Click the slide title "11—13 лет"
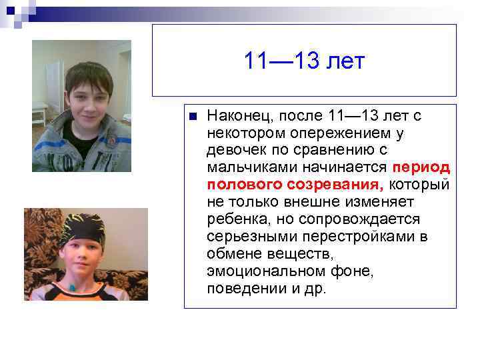click(x=304, y=62)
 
